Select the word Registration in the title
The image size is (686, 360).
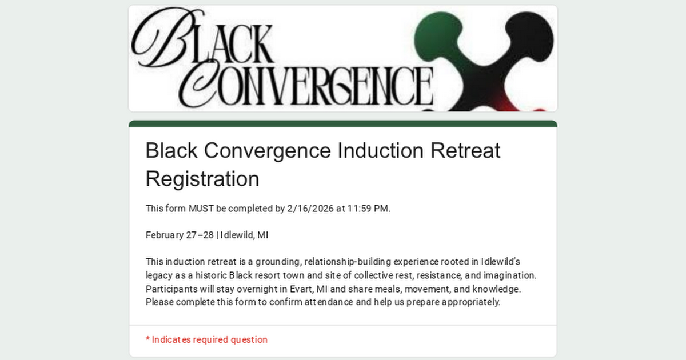point(202,179)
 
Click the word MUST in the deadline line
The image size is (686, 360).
point(201,209)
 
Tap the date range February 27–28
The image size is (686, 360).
point(179,235)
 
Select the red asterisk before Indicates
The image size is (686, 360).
point(147,340)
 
